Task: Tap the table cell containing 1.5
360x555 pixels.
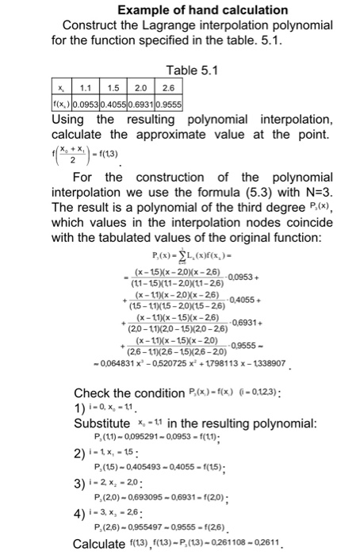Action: [115, 86]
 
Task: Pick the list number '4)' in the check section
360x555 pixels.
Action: [79, 513]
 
